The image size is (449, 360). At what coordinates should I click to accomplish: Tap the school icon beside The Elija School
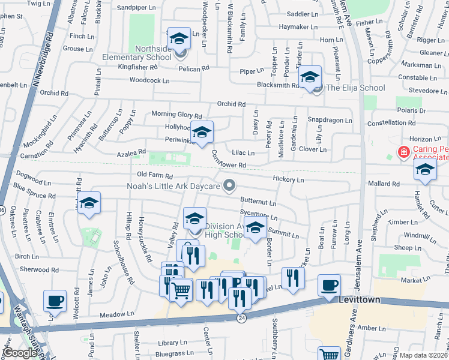click(x=310, y=77)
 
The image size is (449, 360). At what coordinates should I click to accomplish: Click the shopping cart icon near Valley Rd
click(x=181, y=291)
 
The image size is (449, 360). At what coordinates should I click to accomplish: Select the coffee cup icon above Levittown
click(x=329, y=286)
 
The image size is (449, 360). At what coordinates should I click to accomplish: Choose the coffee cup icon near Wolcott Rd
click(x=55, y=301)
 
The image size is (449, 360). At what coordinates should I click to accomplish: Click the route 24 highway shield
click(x=242, y=317)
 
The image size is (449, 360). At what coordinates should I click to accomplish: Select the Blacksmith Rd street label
click(x=278, y=85)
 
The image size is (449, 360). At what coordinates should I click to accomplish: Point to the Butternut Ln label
click(x=258, y=203)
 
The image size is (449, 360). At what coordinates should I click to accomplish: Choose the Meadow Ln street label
click(x=117, y=314)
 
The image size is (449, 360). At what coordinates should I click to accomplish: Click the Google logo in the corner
click(x=20, y=353)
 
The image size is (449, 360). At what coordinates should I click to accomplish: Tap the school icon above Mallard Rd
click(x=425, y=171)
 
